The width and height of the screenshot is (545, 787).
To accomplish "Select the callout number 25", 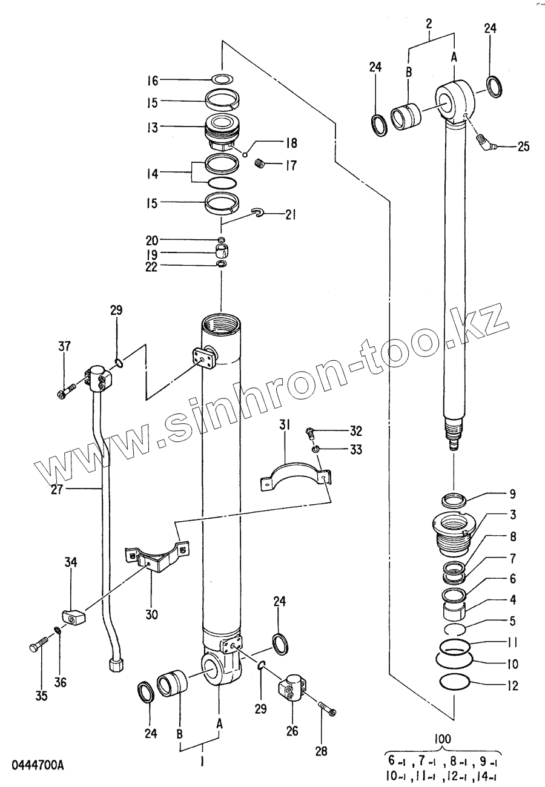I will [524, 146].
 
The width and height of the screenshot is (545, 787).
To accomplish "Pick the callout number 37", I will [64, 347].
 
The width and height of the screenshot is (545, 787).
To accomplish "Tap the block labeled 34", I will [73, 616].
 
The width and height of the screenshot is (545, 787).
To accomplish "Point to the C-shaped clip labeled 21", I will [257, 211].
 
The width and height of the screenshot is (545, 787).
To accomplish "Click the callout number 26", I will [292, 731].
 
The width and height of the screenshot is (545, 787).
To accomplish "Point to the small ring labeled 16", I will [223, 79].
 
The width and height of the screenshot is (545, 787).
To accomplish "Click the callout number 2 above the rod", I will [429, 24].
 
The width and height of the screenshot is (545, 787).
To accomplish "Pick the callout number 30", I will [151, 614].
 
